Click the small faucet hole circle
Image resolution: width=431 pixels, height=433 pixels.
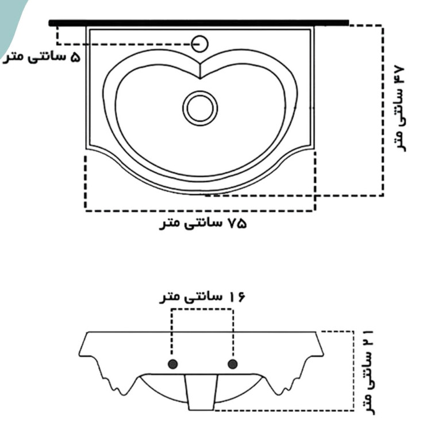coord(200,43)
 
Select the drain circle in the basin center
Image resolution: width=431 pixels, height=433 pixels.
coord(200,107)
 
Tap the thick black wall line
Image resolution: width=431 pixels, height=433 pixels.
coord(199,23)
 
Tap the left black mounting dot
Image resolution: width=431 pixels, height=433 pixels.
coord(171,364)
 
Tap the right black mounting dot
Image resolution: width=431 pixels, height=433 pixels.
coord(233,364)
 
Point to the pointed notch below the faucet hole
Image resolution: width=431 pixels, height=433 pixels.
coord(200,72)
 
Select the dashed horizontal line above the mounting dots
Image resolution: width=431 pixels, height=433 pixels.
coord(202,310)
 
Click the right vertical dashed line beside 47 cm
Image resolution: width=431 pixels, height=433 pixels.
coord(382,109)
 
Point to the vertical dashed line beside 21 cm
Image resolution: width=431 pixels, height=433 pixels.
coord(353,370)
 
